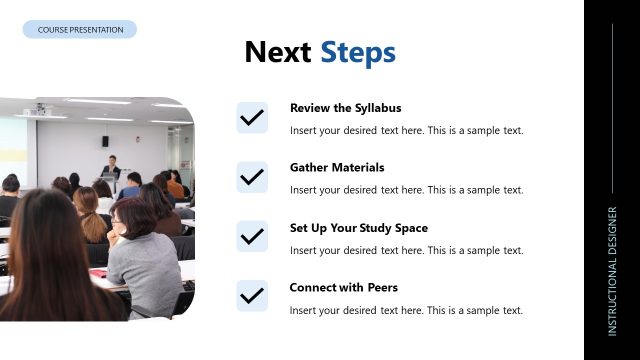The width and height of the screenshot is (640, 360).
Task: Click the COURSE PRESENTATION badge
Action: [x=80, y=30]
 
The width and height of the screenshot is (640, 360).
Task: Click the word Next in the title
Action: [x=278, y=53]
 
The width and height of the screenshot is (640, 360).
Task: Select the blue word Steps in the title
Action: [x=358, y=53]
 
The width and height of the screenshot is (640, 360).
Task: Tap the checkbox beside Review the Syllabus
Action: [x=252, y=117]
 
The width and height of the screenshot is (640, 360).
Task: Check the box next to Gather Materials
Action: [x=252, y=177]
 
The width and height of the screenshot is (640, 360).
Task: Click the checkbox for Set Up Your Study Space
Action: [x=252, y=237]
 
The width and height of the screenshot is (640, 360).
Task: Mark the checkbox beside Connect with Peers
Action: [x=252, y=296]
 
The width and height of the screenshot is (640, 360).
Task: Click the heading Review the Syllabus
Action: [x=345, y=108]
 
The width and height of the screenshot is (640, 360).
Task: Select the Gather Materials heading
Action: [x=337, y=168]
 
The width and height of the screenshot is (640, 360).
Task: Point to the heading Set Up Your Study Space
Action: [x=358, y=228]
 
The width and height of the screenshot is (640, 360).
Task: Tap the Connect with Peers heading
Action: [x=343, y=288]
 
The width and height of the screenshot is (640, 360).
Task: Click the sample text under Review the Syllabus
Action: [x=406, y=130]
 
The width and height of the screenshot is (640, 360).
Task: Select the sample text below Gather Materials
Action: [x=406, y=190]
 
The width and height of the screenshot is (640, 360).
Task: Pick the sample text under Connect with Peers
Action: [x=406, y=310]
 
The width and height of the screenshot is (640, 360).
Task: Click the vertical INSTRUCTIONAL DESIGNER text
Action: [x=612, y=270]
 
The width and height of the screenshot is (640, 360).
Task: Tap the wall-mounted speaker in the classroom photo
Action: [x=104, y=142]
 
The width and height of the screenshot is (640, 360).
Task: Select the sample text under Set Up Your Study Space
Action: [x=406, y=250]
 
